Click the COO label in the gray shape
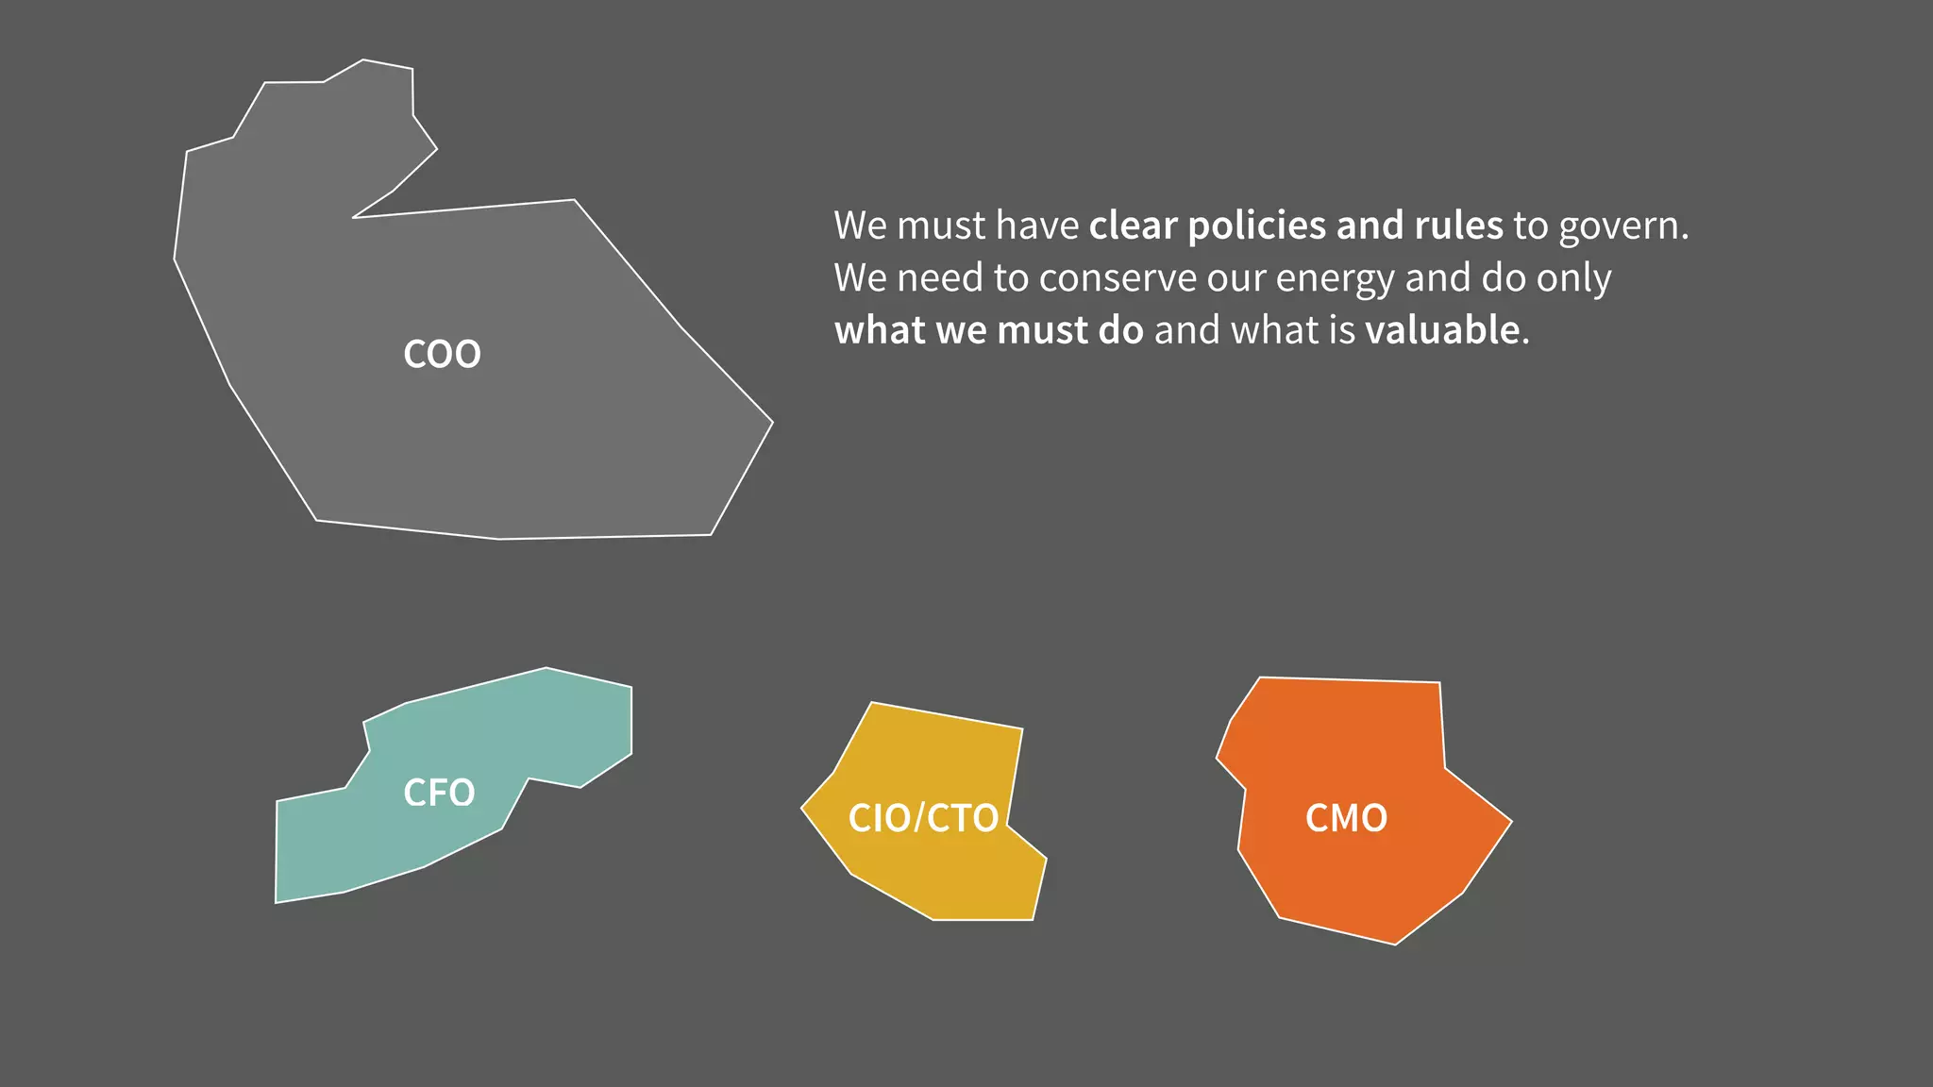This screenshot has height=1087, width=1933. pyautogui.click(x=442, y=355)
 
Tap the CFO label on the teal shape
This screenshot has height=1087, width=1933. pyautogui.click(x=439, y=793)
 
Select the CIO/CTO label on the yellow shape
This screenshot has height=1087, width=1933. pyautogui.click(x=923, y=818)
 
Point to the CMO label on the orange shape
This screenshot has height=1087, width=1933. pyautogui.click(x=1346, y=818)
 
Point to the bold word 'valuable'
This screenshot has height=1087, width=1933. pyautogui.click(x=1442, y=330)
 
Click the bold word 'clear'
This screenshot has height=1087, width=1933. pyautogui.click(x=1134, y=226)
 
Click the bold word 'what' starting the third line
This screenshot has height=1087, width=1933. pyautogui.click(x=881, y=330)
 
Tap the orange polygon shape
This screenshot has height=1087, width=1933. pyautogui.click(x=1359, y=878)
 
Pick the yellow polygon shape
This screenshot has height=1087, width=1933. pyautogui.click(x=934, y=878)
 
